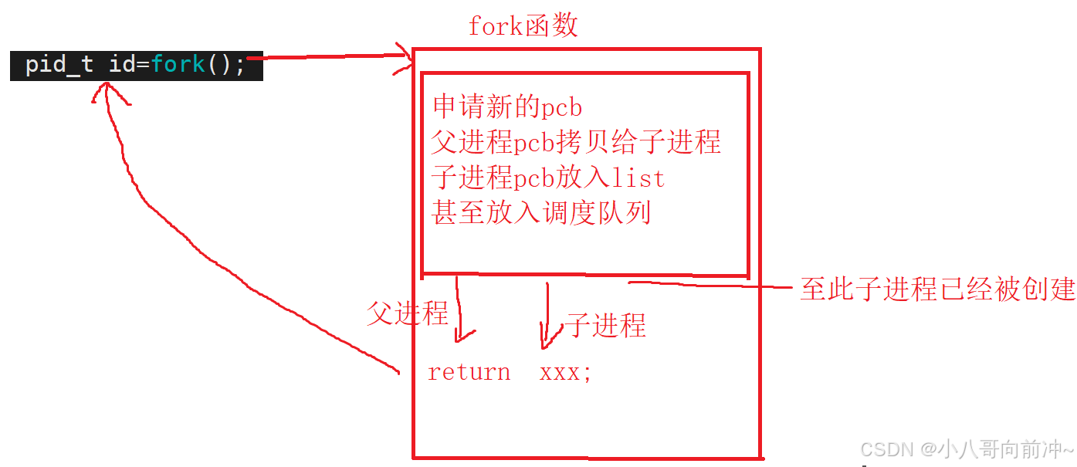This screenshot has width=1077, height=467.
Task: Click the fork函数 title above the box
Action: (x=523, y=26)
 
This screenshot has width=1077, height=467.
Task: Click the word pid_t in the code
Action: (x=59, y=64)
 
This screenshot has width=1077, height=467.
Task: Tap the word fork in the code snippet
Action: (x=178, y=64)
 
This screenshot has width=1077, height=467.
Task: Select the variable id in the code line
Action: (x=122, y=64)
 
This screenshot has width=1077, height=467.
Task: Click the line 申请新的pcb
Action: (x=506, y=107)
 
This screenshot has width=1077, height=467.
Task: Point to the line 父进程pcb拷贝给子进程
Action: (x=576, y=142)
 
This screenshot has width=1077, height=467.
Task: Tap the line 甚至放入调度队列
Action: (x=541, y=212)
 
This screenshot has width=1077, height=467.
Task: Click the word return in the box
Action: (x=469, y=372)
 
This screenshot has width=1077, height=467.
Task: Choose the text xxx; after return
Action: (x=566, y=372)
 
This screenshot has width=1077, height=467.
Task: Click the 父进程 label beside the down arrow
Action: (x=407, y=313)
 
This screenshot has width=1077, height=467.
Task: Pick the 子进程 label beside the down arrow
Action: (x=607, y=325)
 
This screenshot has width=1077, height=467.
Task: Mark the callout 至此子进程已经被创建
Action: (x=937, y=289)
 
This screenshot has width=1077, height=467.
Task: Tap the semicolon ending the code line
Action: (x=239, y=66)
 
